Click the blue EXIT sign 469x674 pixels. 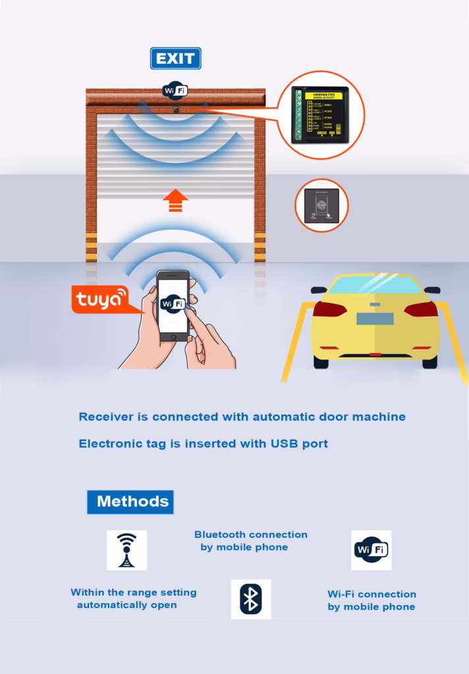click(x=175, y=59)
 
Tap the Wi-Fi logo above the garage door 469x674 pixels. click(x=175, y=91)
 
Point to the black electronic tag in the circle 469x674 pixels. click(x=321, y=205)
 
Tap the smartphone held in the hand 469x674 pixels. click(x=173, y=305)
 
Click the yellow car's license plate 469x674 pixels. click(x=375, y=319)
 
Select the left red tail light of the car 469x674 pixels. click(x=328, y=309)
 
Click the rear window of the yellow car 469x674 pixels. click(x=375, y=285)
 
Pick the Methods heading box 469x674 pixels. click(x=130, y=502)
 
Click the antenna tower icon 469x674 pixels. click(x=126, y=550)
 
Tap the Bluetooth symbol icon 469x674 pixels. click(x=250, y=599)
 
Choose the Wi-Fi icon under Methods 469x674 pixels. click(x=371, y=550)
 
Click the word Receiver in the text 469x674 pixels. click(x=106, y=417)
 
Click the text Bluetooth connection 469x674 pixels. click(x=250, y=534)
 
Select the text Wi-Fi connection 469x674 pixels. click(x=372, y=594)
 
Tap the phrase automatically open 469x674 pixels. click(x=126, y=605)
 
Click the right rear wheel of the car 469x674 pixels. click(x=429, y=361)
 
